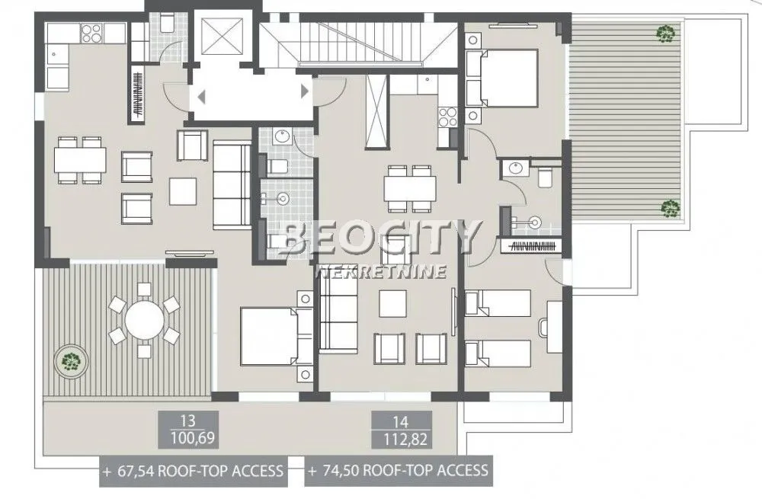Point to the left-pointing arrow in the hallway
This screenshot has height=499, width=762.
coord(202,96)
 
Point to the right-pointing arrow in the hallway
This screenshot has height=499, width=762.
coord(305,91)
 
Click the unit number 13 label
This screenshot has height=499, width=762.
coord(187,419)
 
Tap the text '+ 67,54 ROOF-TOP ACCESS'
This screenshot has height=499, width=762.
coord(194,471)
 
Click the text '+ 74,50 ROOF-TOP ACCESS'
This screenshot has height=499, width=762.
coord(398,471)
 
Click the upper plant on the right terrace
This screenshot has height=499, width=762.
coord(666,33)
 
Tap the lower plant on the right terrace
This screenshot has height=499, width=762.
coord(669,207)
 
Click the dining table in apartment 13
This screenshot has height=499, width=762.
coord(80,160)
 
